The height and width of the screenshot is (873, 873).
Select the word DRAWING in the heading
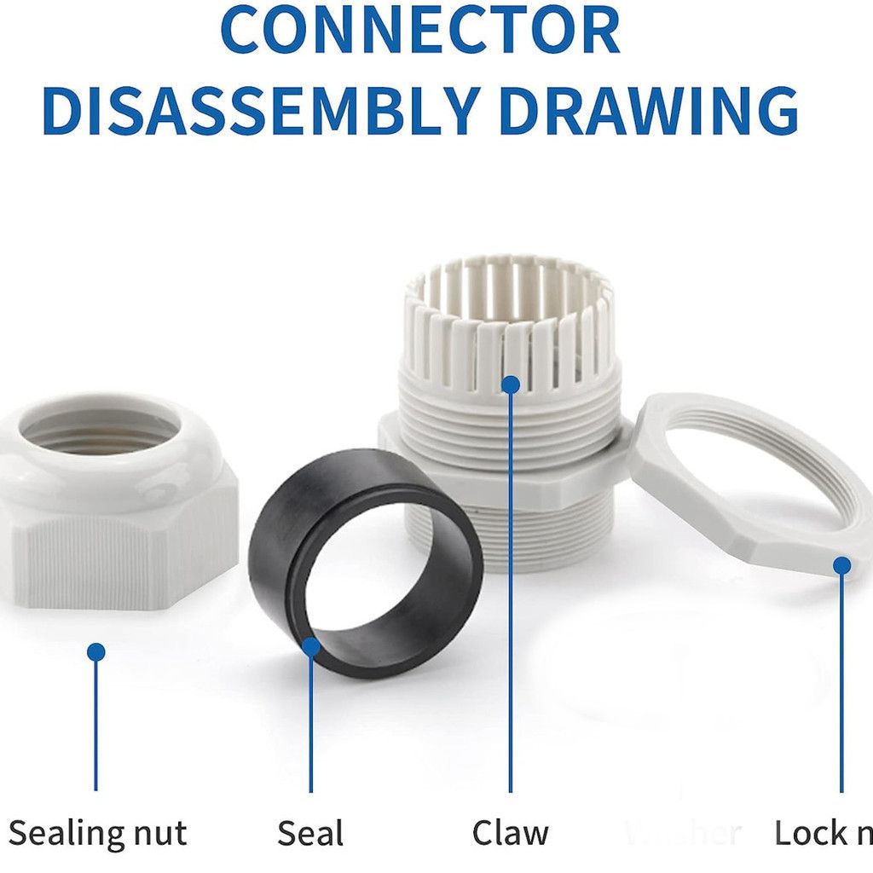click(x=648, y=111)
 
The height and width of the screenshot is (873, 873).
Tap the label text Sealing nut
click(x=97, y=833)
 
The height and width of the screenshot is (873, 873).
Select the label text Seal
click(x=310, y=833)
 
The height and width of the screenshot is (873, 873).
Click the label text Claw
click(x=511, y=833)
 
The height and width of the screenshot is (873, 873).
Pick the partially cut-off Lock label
click(x=823, y=833)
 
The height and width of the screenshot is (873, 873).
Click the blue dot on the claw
click(x=511, y=384)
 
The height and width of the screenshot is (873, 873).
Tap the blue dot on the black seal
click(x=311, y=646)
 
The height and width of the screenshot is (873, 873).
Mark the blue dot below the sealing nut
click(x=95, y=652)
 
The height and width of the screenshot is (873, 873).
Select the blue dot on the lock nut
click(x=841, y=565)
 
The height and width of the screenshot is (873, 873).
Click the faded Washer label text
click(x=682, y=833)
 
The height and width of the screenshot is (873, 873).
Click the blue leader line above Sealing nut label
click(x=95, y=725)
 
